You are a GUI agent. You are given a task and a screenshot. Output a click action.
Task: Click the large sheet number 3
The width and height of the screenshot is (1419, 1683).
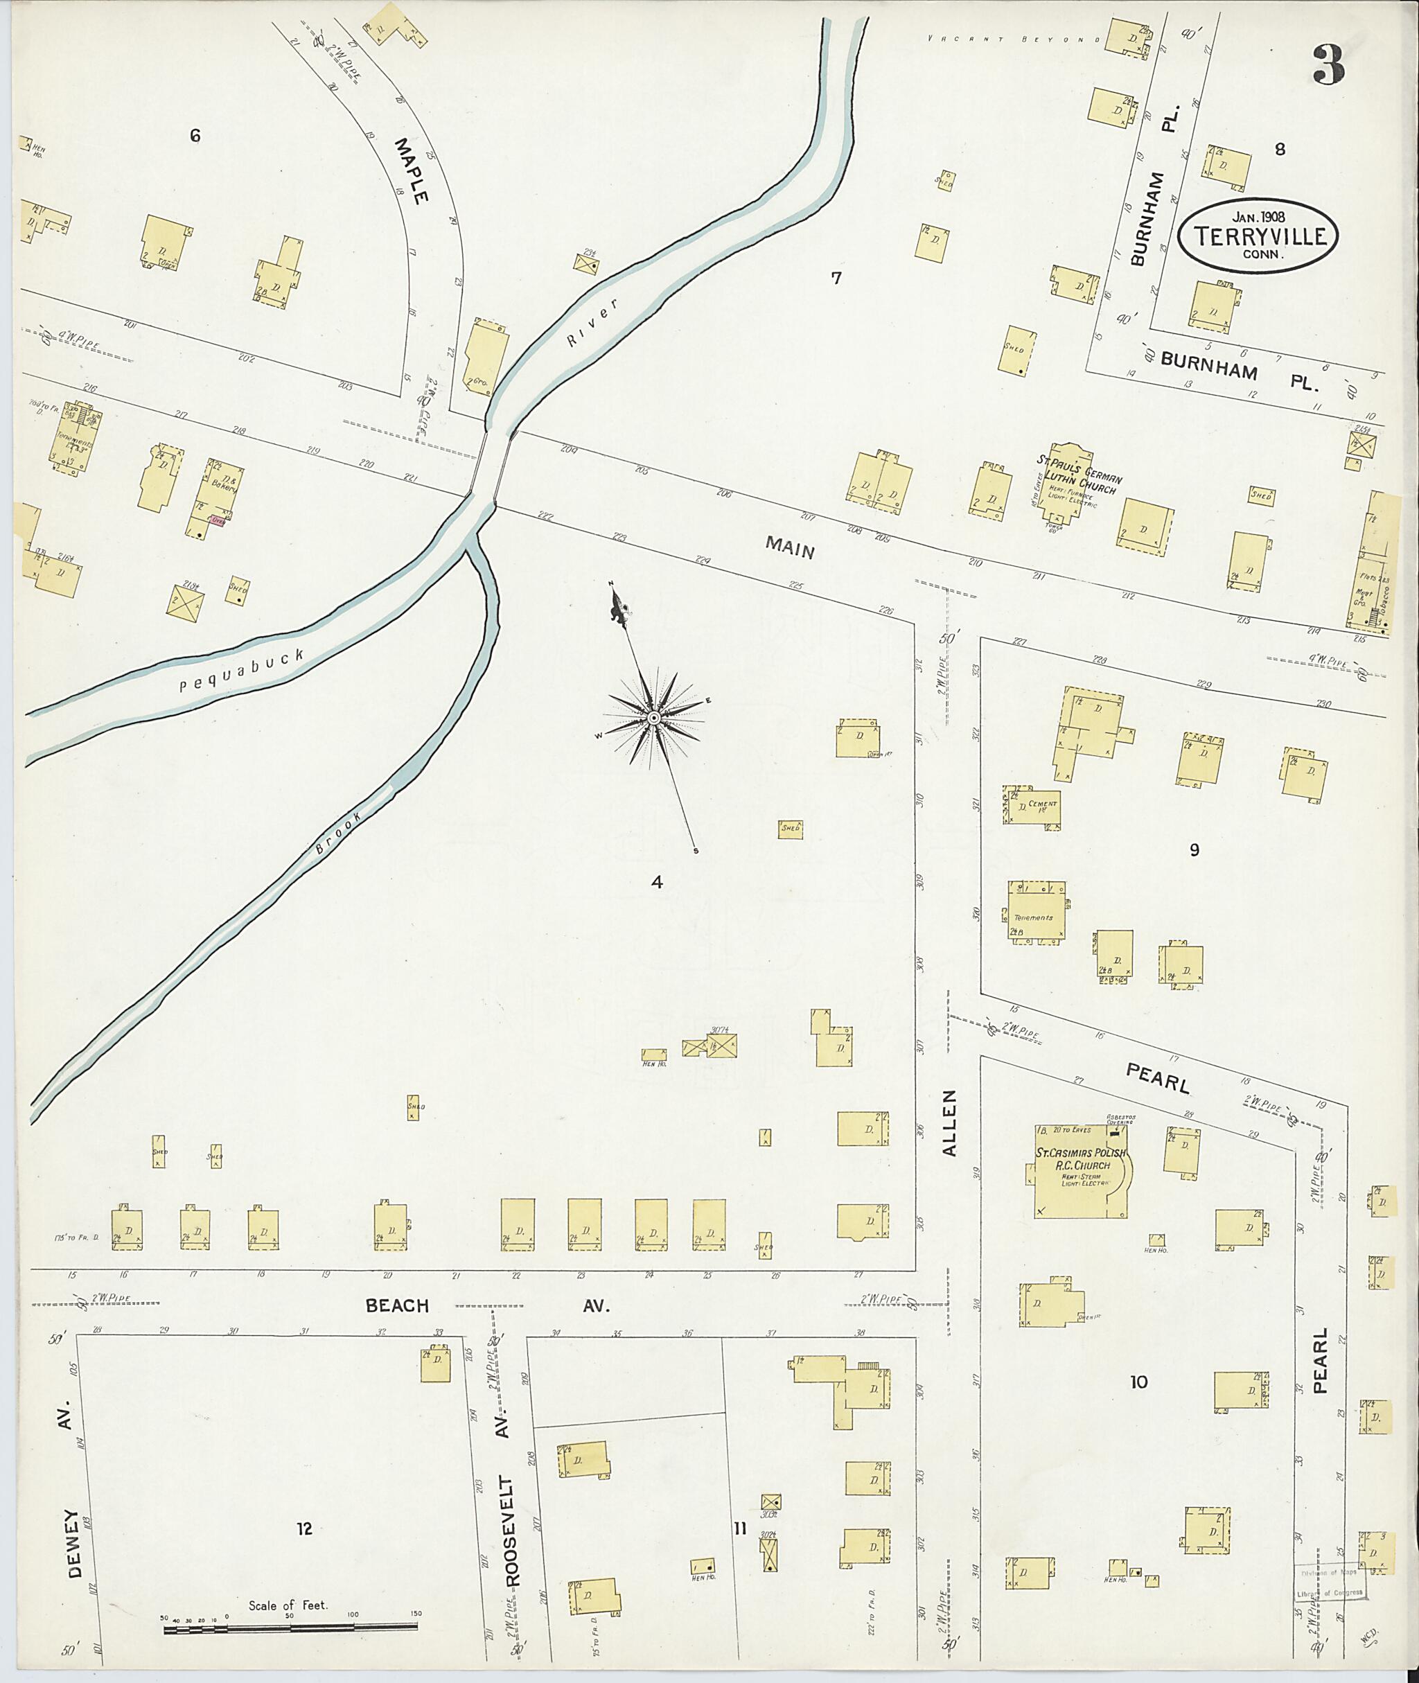(x=1328, y=66)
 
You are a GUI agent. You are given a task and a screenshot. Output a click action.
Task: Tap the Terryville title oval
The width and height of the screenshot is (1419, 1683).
(x=1258, y=236)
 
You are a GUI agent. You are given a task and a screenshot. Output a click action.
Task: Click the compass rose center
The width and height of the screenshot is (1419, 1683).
(x=654, y=717)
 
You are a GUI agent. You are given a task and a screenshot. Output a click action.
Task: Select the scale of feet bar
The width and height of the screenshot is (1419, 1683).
(x=290, y=1629)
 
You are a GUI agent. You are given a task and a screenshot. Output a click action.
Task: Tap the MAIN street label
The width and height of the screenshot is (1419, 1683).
(x=790, y=548)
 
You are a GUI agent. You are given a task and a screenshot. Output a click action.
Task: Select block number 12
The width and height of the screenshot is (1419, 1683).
(x=303, y=1528)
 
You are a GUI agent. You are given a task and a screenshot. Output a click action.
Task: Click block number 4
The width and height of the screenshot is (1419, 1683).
(x=656, y=883)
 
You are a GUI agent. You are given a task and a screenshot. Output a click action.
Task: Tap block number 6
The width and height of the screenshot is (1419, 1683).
(x=195, y=136)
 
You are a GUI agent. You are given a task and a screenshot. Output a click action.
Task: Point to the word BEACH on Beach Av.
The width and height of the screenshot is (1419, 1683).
(x=398, y=1305)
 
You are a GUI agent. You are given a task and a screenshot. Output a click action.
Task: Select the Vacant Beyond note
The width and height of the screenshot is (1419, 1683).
(x=1013, y=39)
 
